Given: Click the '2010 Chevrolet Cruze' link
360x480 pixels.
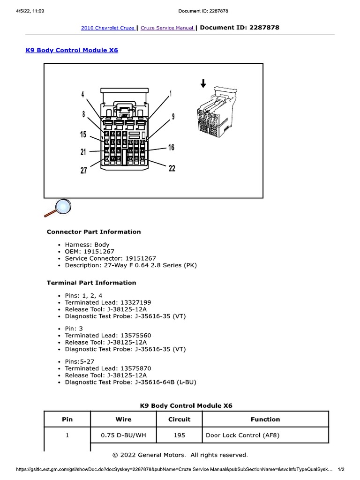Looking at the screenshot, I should tap(108, 28).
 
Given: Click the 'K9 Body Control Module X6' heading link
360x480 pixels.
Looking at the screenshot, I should tap(72, 50).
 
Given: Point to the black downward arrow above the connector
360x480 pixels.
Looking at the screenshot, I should tap(203, 83).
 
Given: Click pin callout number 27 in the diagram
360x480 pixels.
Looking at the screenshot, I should tap(83, 171).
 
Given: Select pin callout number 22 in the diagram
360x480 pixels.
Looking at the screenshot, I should tap(172, 168).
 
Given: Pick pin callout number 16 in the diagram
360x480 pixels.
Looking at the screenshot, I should tap(171, 148).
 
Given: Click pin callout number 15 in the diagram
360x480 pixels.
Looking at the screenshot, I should tap(83, 135).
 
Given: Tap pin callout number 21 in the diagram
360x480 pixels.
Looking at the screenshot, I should tap(83, 152).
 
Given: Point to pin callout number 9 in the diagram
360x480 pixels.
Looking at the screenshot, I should tap(173, 116).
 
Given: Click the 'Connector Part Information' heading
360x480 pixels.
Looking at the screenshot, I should tap(94, 232).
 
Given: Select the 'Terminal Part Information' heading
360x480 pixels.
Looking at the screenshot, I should tap(91, 283).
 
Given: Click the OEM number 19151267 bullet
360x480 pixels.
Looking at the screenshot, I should tap(89, 251).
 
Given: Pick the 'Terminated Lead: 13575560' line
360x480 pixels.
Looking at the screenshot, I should tap(108, 336).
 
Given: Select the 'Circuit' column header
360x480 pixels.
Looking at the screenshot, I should tap(179, 420).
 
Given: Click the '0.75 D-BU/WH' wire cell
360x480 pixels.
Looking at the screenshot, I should tap(123, 435).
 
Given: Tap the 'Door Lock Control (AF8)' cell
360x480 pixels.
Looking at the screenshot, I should tap(242, 435).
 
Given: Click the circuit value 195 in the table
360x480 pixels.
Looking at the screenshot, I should tap(179, 435).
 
